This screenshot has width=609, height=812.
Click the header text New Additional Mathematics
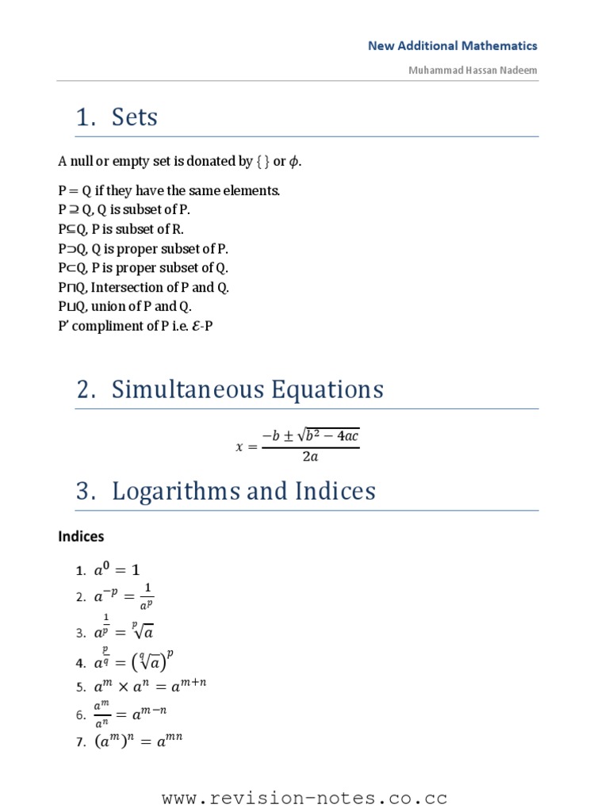point(452,46)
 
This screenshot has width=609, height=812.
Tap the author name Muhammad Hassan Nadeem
point(473,70)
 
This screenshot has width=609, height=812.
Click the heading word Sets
point(134,117)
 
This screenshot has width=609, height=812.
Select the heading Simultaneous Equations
point(247,389)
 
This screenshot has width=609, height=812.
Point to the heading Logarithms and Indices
point(243,491)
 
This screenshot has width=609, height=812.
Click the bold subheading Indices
point(81,537)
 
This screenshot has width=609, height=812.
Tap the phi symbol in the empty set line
point(294,162)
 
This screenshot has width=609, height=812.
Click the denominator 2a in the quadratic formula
point(310,457)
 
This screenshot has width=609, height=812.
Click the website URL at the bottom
point(304,798)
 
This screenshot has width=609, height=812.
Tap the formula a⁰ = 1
point(117,569)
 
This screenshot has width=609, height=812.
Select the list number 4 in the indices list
point(80,663)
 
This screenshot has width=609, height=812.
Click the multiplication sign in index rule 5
point(123,687)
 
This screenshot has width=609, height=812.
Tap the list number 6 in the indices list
point(80,715)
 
